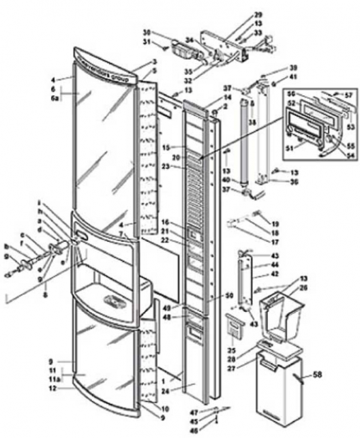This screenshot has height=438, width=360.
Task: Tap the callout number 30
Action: pyautogui.click(x=146, y=33)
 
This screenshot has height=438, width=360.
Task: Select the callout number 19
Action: pyautogui.click(x=275, y=223)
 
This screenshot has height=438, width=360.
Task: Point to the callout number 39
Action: pyautogui.click(x=275, y=68)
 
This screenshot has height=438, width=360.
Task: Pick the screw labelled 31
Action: pyautogui.click(x=166, y=48)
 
